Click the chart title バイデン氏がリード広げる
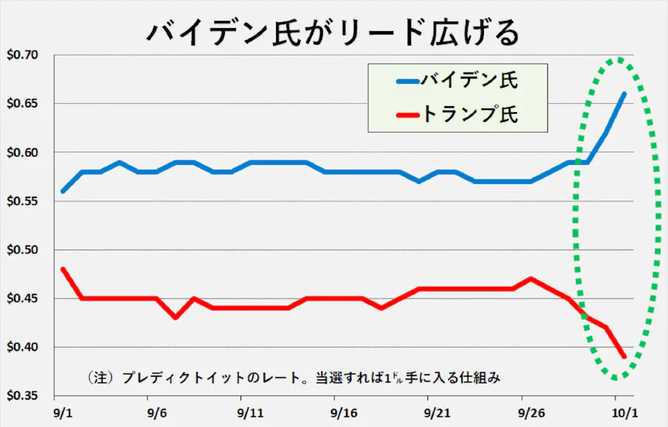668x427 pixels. (333, 32)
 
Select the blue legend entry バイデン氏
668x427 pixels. (457, 80)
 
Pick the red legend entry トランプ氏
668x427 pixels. (457, 114)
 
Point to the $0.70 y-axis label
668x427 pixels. (22, 55)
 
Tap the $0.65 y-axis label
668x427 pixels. (22, 103)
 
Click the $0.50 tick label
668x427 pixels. (22, 250)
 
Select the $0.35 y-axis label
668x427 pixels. (22, 396)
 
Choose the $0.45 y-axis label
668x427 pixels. (22, 299)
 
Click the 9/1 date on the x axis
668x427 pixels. (63, 413)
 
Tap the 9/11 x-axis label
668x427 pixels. (251, 413)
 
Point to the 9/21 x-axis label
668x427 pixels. (437, 413)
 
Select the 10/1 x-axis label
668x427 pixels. (624, 413)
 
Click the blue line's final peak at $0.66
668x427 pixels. (624, 94)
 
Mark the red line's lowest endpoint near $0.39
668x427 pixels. (624, 356)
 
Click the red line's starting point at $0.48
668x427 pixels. (63, 270)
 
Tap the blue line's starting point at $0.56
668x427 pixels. (63, 192)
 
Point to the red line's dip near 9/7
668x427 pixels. (175, 318)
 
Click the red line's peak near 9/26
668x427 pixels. (531, 279)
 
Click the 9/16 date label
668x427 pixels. (344, 413)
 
